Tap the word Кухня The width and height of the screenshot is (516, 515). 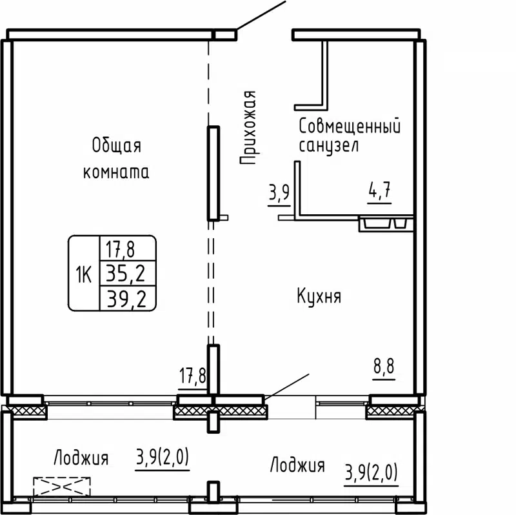click(x=319, y=297)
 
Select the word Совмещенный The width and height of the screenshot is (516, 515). click(x=350, y=126)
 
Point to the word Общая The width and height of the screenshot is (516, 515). click(x=116, y=145)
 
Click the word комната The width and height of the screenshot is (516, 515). click(x=116, y=172)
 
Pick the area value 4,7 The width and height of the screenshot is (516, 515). click(x=380, y=192)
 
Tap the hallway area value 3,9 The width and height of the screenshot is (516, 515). click(x=279, y=193)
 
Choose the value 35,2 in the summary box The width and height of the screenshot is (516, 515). click(x=126, y=276)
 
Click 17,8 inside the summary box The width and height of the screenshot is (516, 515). click(x=126, y=248)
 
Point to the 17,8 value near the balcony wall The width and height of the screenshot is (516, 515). click(x=192, y=374)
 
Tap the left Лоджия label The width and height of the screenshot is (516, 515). click(x=81, y=459)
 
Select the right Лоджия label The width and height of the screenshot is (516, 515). click(x=297, y=465)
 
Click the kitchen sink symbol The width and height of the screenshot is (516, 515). click(x=385, y=225)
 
